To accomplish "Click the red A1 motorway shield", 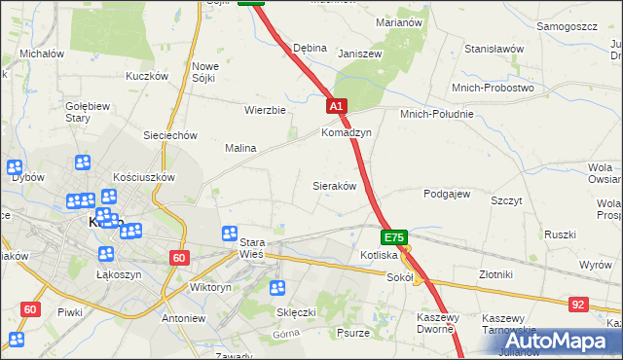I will pyautogui.click(x=336, y=106).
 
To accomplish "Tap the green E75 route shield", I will pyautogui.click(x=393, y=236).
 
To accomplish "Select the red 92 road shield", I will pyautogui.click(x=579, y=305).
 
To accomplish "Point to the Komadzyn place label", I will pyautogui.click(x=347, y=132).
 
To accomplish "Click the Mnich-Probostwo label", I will pyautogui.click(x=493, y=88).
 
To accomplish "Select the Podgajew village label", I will pyautogui.click(x=447, y=194).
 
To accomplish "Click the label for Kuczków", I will pyautogui.click(x=148, y=76).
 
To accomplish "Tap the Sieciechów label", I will pyautogui.click(x=170, y=135).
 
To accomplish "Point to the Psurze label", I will pyautogui.click(x=351, y=333).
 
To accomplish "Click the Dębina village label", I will pyautogui.click(x=310, y=48).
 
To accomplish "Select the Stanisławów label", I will pyautogui.click(x=495, y=48).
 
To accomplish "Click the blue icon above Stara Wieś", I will pyautogui.click(x=230, y=234).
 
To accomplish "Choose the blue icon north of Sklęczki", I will pyautogui.click(x=277, y=288).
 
